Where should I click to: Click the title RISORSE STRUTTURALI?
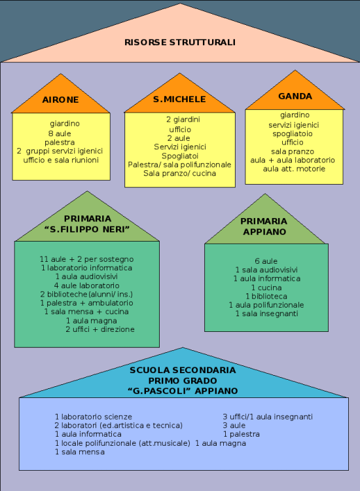pos(180,43)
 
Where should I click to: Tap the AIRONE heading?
pos(60,100)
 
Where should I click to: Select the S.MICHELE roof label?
pos(179,100)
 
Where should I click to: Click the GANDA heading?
pos(295,96)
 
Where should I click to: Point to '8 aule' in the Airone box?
pos(60,134)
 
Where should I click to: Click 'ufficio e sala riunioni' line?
pos(61,160)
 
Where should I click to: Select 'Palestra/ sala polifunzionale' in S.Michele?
pos(180,165)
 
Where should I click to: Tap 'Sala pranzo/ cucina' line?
pos(180,173)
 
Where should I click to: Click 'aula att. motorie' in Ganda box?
pos(294,169)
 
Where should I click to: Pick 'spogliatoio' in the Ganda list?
pos(293,134)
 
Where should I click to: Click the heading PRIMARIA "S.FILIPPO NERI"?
pos(87,224)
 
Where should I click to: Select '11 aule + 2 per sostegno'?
pos(86,259)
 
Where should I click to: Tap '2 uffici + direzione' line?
pos(100,329)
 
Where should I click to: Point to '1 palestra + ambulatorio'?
pos(86,303)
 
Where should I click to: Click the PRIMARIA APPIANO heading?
pos(264,227)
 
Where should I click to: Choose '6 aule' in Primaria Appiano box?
pos(266,261)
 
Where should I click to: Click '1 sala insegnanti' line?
pos(266,314)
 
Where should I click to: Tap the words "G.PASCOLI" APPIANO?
pos(183,391)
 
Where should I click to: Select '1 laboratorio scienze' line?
pos(94,417)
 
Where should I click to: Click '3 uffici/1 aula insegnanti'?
pos(268,417)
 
